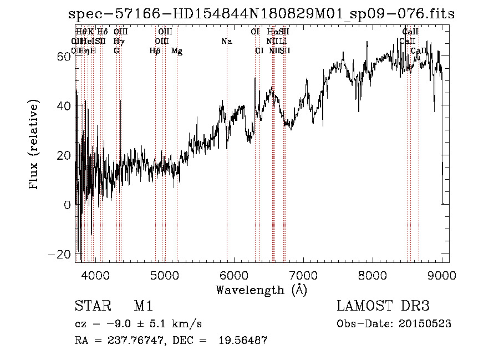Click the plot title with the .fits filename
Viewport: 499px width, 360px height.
click(x=261, y=14)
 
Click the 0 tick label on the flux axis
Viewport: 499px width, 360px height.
click(x=68, y=205)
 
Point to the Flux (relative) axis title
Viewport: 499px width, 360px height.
click(x=34, y=145)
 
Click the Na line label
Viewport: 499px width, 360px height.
click(x=226, y=42)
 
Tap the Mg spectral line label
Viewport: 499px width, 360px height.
click(x=177, y=51)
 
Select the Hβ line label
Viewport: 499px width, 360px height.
click(x=155, y=51)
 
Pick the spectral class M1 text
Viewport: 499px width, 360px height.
click(x=143, y=306)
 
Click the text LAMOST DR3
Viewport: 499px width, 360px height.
click(x=383, y=306)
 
